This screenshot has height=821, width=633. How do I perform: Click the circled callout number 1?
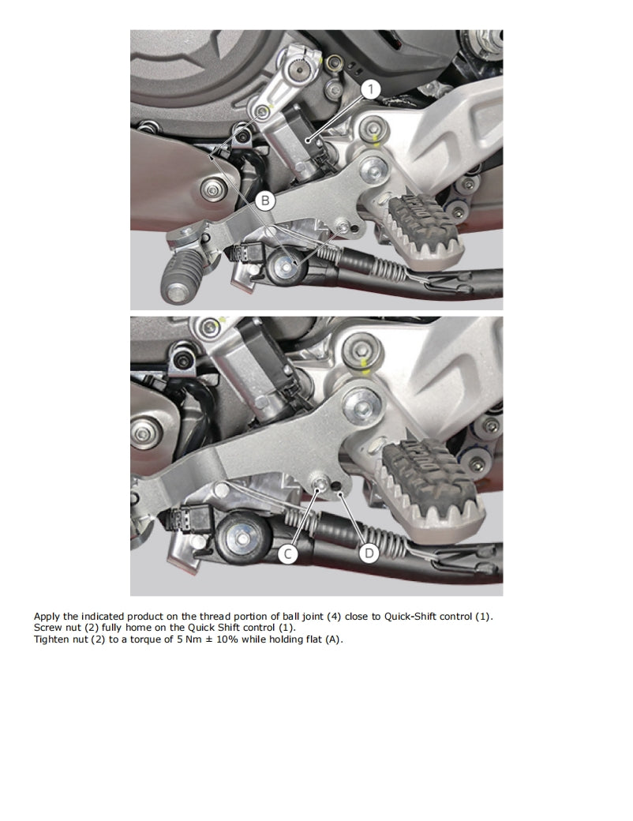point(371,89)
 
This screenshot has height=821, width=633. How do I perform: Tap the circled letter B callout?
point(266,201)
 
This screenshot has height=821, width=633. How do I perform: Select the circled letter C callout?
point(288,554)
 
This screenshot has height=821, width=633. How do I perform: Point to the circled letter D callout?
point(369,554)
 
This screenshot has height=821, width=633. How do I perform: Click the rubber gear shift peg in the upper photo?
point(177,279)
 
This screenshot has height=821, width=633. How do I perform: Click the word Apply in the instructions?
point(46,616)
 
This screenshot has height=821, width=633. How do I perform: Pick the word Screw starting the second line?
point(47,627)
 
